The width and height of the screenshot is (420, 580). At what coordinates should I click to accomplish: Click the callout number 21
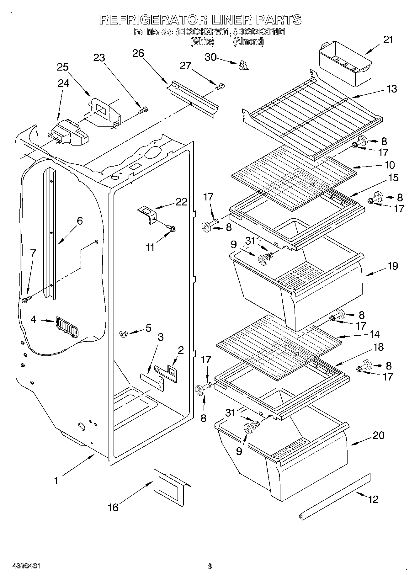click(388, 40)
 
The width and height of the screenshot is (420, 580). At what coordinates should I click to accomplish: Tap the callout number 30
click(211, 57)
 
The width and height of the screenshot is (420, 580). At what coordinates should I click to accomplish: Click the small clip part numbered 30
click(243, 65)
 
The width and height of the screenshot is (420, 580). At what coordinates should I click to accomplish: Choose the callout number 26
click(138, 53)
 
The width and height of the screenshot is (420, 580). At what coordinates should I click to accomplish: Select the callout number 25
click(63, 67)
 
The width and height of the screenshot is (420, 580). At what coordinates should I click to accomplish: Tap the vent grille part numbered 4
click(67, 327)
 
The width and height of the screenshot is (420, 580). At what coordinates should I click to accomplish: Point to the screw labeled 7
click(26, 299)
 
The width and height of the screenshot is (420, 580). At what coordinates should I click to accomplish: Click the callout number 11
click(150, 247)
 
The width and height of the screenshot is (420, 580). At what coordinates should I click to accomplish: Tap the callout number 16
click(113, 507)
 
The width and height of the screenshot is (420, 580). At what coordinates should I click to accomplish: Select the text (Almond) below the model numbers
click(248, 41)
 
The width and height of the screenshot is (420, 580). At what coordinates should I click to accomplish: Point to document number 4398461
click(27, 566)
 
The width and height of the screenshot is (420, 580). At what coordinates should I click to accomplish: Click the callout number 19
click(393, 266)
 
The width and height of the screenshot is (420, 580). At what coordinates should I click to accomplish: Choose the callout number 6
click(80, 221)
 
